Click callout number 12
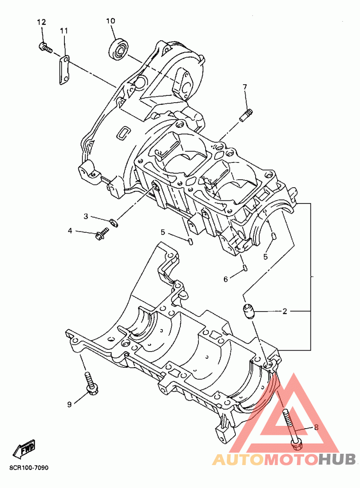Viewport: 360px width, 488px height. tap(41, 22)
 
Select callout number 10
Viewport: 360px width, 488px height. tap(111, 21)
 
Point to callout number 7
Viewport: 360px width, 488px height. tap(245, 86)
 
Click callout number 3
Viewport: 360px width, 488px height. tap(85, 217)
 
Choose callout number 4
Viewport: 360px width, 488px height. tap(70, 231)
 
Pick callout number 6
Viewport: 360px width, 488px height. tap(225, 279)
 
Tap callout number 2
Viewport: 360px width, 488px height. tap(284, 311)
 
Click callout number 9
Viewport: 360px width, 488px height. tap(69, 404)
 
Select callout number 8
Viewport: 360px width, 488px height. tap(316, 427)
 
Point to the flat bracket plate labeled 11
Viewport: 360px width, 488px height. tap(65, 70)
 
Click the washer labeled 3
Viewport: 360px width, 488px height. tap(113, 221)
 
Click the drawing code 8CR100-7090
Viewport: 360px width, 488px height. tap(28, 468)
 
